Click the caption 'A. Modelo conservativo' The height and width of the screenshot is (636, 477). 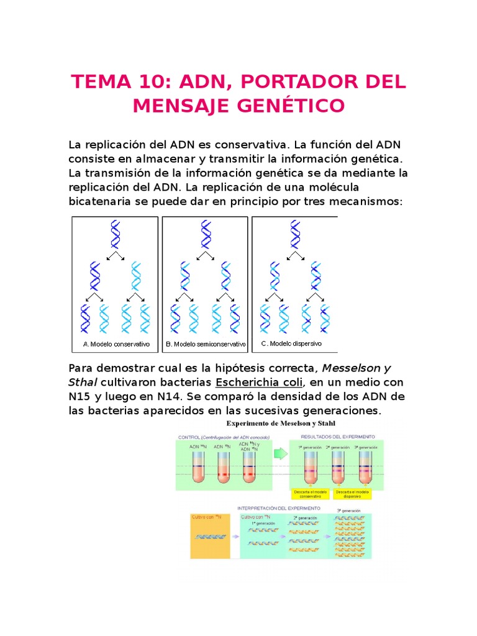coord(116,343)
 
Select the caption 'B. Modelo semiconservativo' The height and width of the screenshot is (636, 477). coord(206,343)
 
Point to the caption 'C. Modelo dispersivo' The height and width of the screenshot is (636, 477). coord(292,343)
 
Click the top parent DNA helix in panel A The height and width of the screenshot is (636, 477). coord(115,235)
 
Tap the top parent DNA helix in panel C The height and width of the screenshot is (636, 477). coord(294,235)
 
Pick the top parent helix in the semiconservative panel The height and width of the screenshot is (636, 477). coord(205,235)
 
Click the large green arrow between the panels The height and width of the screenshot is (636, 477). coord(281,454)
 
